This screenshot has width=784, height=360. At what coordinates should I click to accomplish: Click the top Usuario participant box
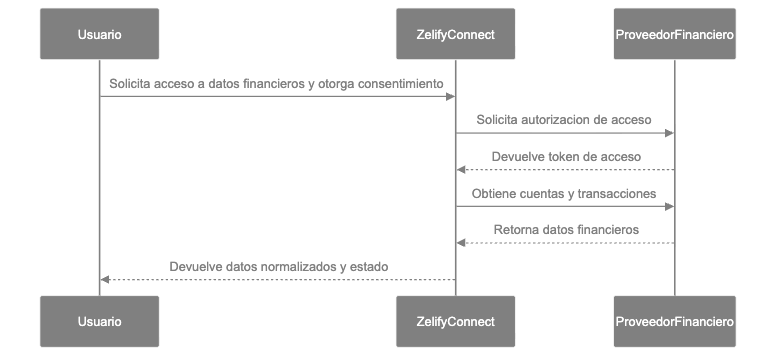click(x=99, y=35)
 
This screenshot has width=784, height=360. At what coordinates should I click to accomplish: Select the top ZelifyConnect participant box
click(x=456, y=35)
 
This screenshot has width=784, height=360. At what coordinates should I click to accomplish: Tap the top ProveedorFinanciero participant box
click(x=674, y=35)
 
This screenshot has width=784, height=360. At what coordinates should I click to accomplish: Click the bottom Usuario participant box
click(x=99, y=322)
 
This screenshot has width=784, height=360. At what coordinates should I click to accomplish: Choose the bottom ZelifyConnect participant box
click(x=456, y=322)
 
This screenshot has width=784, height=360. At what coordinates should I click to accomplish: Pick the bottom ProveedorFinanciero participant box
click(x=674, y=322)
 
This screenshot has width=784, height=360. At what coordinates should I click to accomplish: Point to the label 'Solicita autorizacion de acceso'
click(x=565, y=119)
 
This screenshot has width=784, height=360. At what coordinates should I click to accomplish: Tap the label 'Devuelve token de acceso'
click(x=566, y=156)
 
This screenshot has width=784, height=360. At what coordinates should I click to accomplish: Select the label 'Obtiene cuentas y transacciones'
click(x=565, y=193)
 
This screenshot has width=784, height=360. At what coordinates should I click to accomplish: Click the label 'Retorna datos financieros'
click(x=566, y=230)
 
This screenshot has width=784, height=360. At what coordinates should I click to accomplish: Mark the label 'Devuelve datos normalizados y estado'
click(x=278, y=267)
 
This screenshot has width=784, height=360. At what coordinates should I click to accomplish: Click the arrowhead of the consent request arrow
click(x=451, y=96)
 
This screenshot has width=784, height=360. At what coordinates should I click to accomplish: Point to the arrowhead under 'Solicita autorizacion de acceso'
click(x=669, y=133)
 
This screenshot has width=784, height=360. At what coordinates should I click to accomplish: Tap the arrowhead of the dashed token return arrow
click(x=461, y=170)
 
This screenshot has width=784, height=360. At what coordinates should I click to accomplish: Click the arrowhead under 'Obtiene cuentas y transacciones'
click(x=669, y=207)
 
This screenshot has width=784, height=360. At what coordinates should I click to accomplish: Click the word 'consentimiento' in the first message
click(x=401, y=82)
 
